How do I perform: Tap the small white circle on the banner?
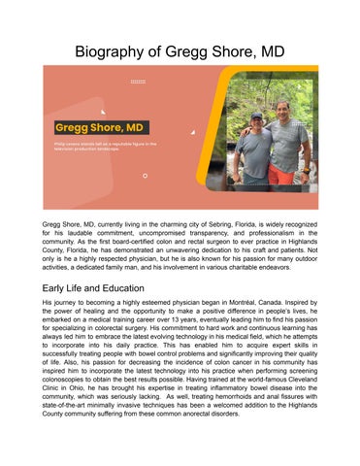coord(145,176)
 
